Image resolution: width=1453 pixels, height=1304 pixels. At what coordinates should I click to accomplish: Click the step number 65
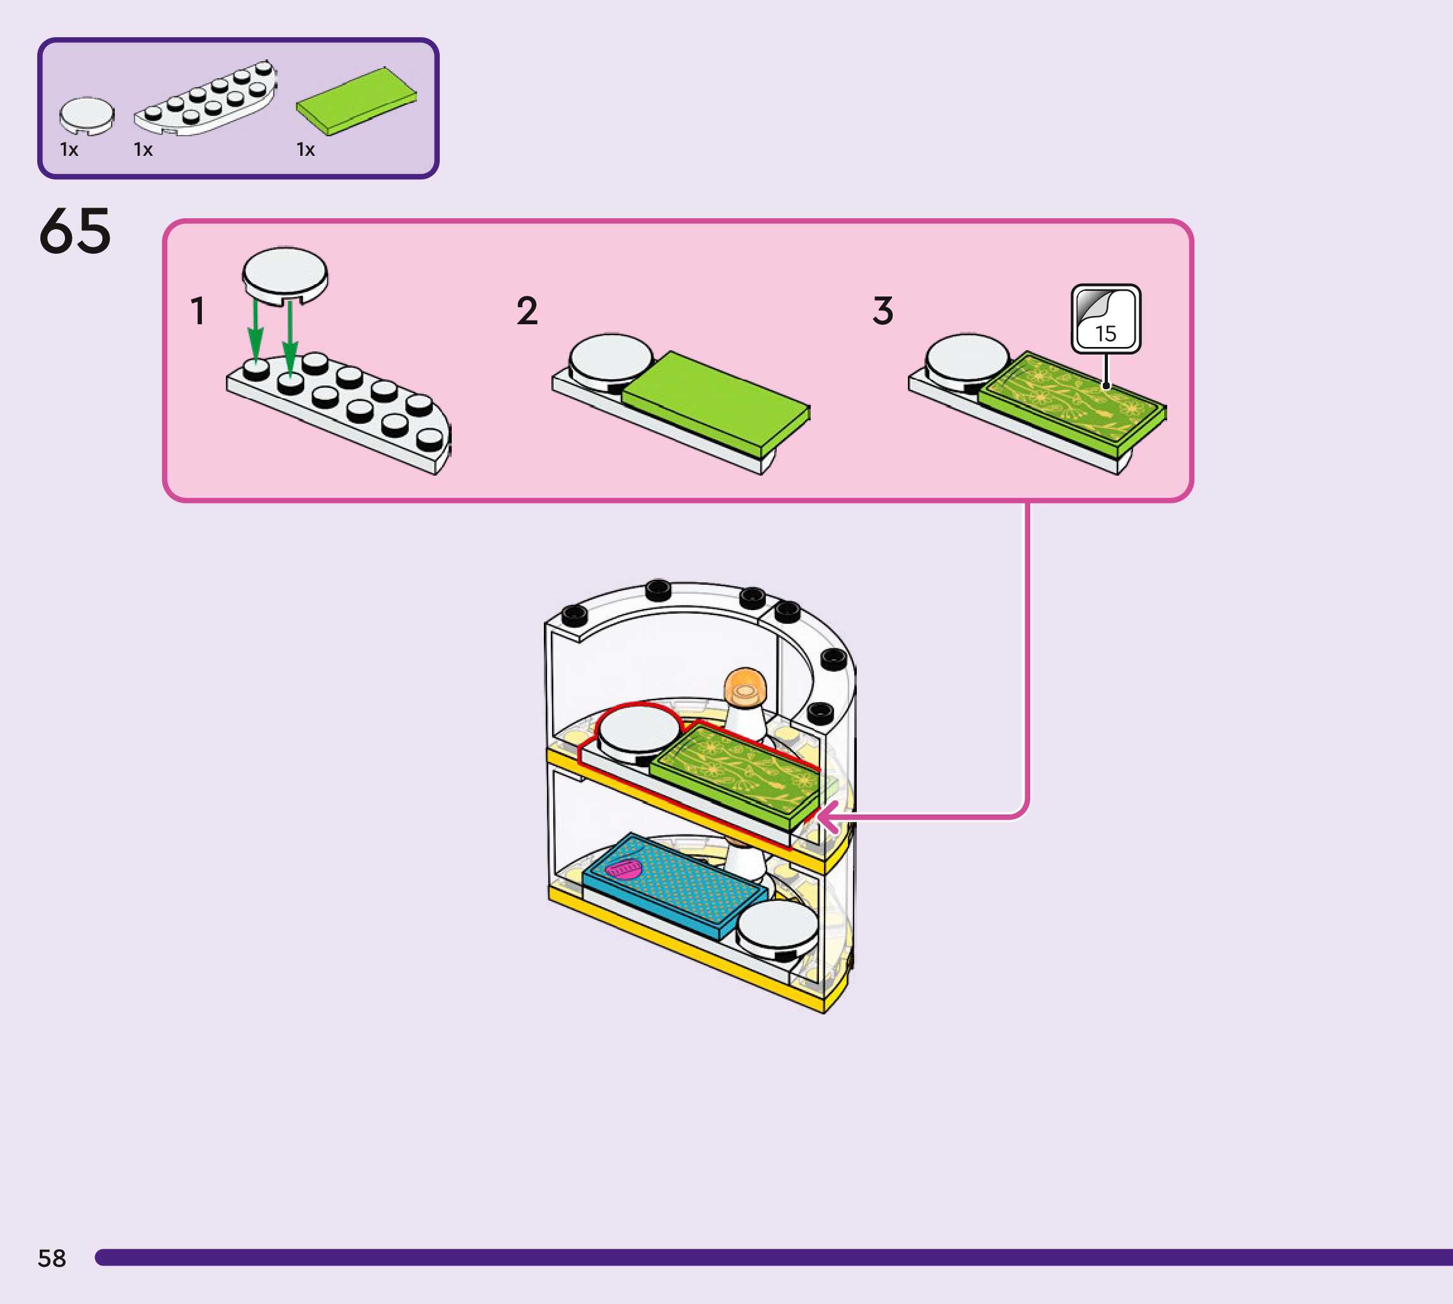(x=75, y=231)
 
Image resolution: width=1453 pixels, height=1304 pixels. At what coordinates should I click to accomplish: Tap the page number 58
(x=52, y=1258)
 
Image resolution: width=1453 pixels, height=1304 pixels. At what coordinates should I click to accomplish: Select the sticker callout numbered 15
(x=1105, y=319)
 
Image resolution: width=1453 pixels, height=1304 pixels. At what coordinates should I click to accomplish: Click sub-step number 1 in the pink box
(x=197, y=311)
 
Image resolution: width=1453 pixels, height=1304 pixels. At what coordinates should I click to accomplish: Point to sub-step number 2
(x=527, y=311)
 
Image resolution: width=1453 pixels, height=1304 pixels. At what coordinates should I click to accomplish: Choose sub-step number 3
(x=883, y=311)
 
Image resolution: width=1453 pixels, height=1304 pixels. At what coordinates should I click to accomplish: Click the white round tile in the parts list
(x=86, y=115)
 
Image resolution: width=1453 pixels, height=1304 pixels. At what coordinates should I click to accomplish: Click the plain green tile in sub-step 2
(x=715, y=403)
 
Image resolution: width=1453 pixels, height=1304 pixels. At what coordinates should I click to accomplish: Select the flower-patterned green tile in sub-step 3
(x=1071, y=403)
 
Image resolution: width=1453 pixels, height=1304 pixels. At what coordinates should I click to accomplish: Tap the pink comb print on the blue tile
(x=623, y=870)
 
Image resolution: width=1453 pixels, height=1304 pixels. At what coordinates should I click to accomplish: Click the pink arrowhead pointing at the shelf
(x=828, y=817)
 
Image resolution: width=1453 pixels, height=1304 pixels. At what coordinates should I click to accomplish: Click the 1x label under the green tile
(x=306, y=149)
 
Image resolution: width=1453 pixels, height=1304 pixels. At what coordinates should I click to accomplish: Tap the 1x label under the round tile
(x=69, y=149)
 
